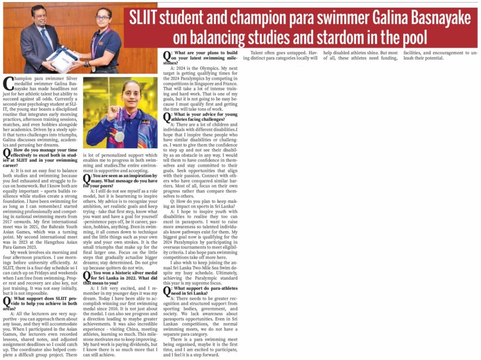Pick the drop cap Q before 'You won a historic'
(87, 275)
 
